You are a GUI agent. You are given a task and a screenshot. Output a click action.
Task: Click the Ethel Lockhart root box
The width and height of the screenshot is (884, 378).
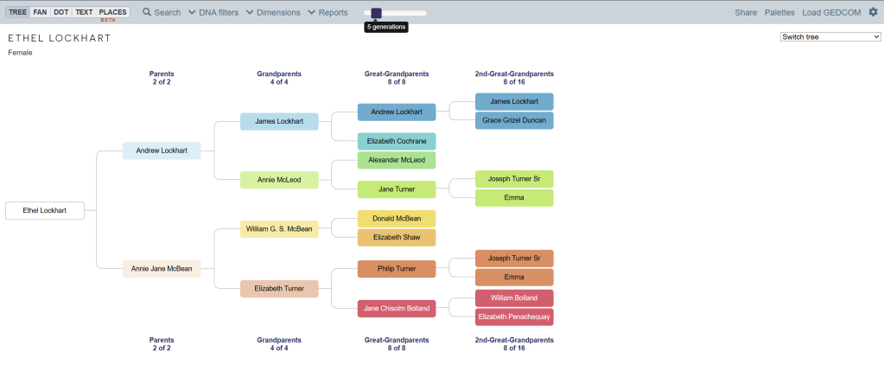[44, 210]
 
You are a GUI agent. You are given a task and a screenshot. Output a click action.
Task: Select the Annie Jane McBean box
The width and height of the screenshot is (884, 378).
[162, 269]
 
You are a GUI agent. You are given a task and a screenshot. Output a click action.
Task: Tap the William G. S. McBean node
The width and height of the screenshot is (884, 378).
[279, 229]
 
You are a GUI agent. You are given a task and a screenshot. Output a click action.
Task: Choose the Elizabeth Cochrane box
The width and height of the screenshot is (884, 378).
[397, 141]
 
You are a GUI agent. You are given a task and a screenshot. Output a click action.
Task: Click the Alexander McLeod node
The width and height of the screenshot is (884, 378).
[397, 160]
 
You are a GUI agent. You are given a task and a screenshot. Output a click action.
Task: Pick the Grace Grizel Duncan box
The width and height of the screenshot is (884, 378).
[514, 120]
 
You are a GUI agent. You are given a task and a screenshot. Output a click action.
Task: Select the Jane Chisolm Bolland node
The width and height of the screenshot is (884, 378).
[397, 309]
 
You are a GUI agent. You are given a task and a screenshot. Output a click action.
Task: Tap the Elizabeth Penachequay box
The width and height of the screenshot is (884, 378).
[514, 317]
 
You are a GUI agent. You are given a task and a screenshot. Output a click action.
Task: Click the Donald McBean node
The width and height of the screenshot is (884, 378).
[397, 219]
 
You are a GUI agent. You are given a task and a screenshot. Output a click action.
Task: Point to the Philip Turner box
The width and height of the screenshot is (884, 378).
[397, 269]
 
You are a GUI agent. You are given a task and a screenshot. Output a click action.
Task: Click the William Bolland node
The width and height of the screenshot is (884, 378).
[514, 298]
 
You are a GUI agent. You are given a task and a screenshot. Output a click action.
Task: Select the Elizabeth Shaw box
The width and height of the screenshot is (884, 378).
[397, 238]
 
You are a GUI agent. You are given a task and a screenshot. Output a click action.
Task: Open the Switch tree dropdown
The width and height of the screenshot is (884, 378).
[830, 37]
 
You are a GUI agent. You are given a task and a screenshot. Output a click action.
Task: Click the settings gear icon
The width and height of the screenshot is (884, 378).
[872, 12]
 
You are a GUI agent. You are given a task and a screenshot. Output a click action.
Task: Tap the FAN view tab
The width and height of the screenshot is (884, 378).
[40, 12]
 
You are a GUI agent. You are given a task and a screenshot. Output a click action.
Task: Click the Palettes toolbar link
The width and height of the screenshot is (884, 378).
[779, 13]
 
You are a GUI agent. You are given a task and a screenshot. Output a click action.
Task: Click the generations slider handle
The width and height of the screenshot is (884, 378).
[376, 13]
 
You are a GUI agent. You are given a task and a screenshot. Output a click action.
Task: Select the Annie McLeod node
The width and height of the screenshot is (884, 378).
[279, 180]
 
